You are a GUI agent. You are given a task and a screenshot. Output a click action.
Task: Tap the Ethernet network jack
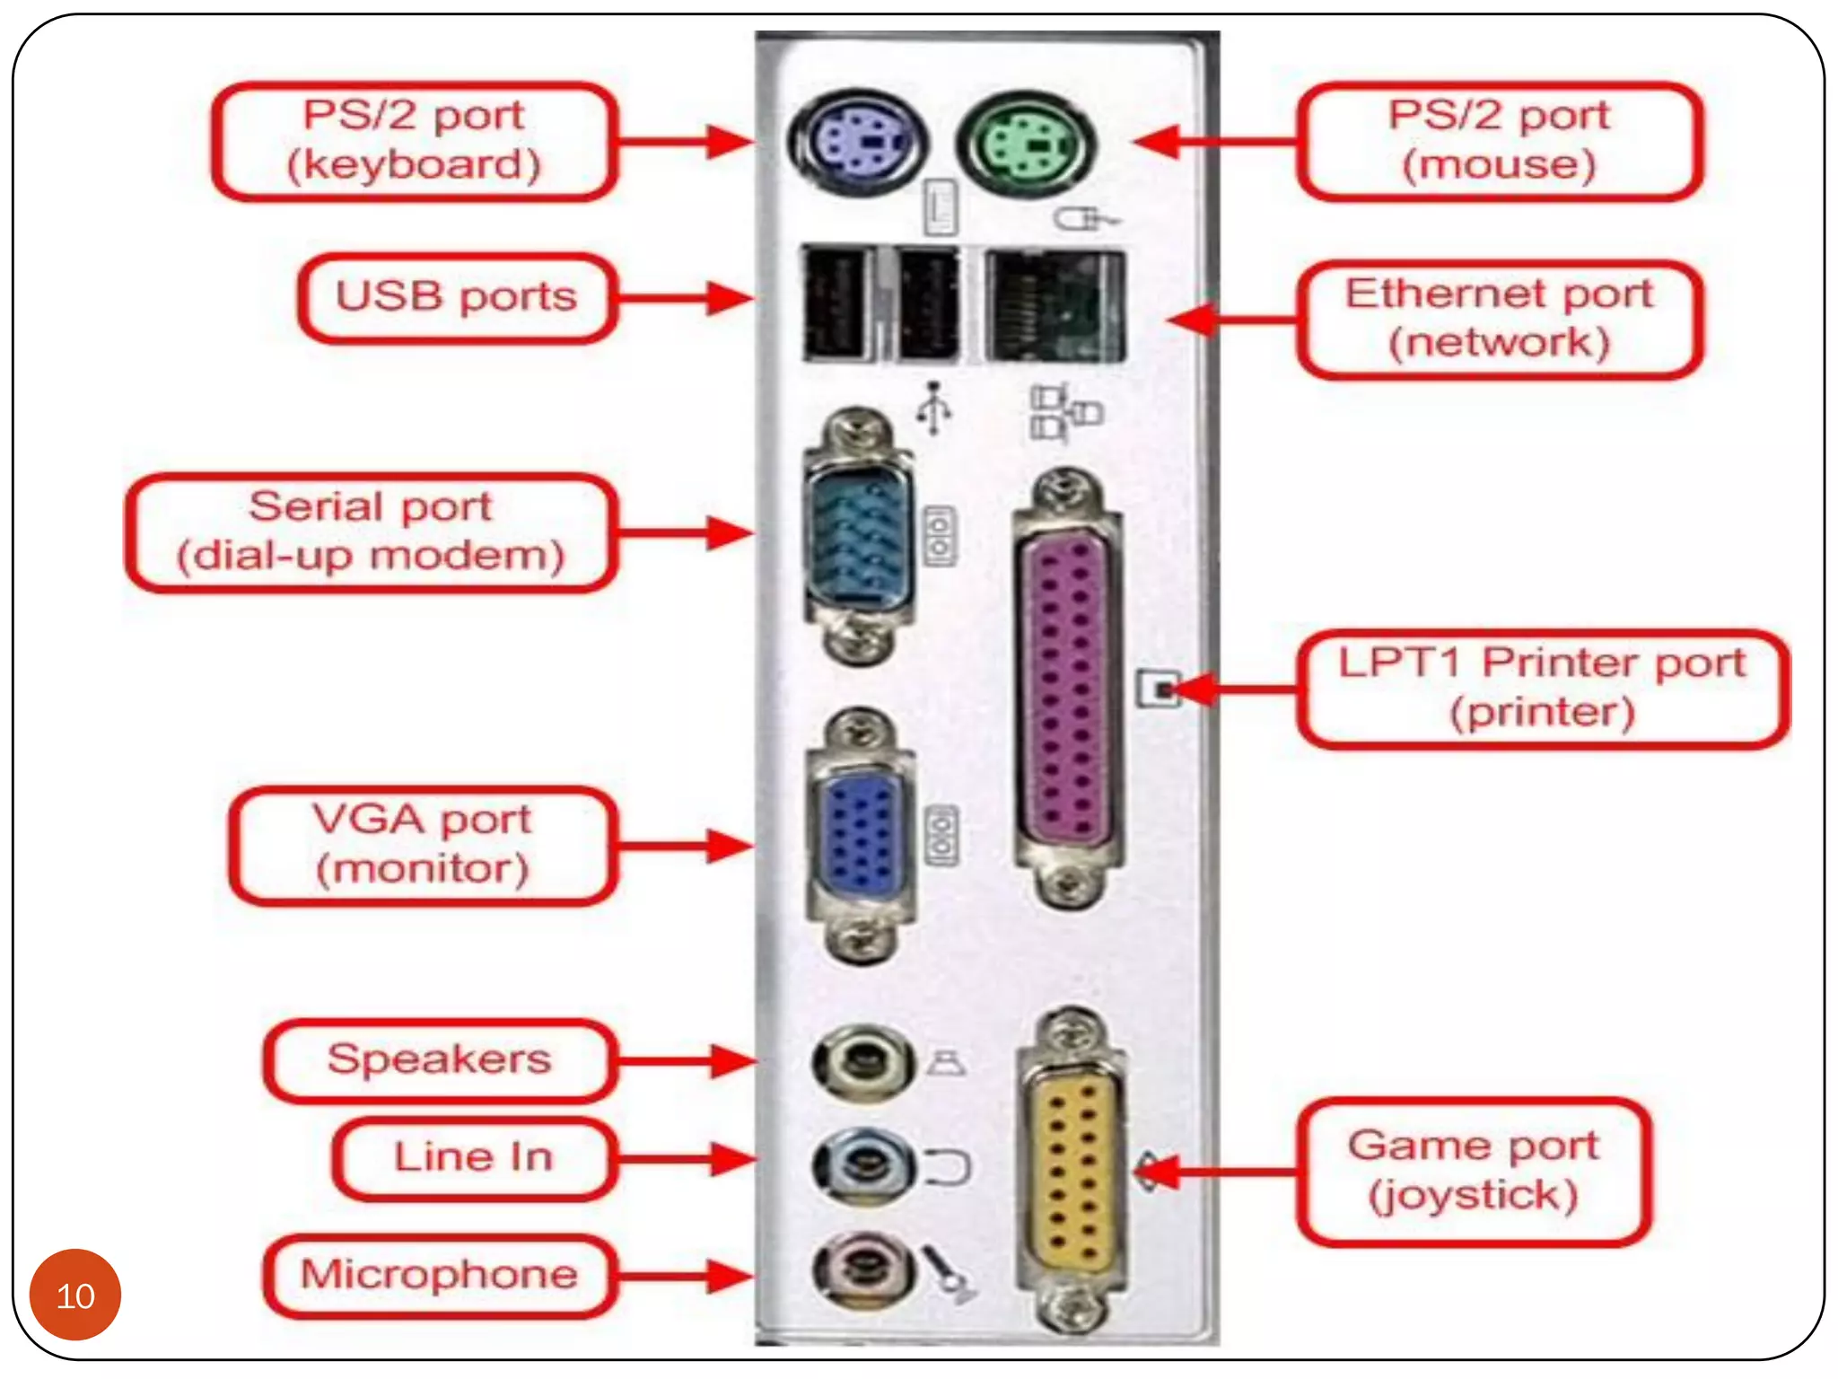pos(1054,306)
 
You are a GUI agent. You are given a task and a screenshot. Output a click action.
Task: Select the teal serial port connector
pos(860,537)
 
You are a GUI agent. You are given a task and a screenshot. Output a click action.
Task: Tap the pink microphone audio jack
pos(862,1269)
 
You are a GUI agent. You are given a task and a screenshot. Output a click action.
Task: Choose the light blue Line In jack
pos(862,1166)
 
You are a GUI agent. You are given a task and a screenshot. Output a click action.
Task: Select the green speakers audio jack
pos(862,1063)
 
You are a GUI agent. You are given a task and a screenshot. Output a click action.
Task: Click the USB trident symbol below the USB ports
pos(934,408)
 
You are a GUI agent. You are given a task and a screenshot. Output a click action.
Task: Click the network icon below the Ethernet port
pos(1064,413)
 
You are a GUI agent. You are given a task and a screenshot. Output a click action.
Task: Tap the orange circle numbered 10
pos(75,1295)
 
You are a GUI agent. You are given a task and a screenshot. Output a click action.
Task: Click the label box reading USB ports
pos(457,298)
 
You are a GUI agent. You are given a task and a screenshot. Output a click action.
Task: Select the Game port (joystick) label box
pos(1473,1171)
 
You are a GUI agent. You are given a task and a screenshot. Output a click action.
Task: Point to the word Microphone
pos(439,1275)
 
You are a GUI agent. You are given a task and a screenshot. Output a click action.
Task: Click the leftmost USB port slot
pos(836,304)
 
